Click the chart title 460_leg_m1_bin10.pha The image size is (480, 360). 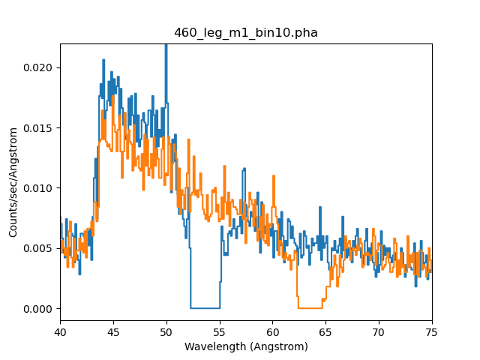(x=246, y=32)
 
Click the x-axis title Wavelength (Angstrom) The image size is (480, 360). (x=246, y=346)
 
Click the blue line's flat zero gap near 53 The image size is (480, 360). (x=205, y=307)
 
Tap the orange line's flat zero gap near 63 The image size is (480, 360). (x=310, y=307)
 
